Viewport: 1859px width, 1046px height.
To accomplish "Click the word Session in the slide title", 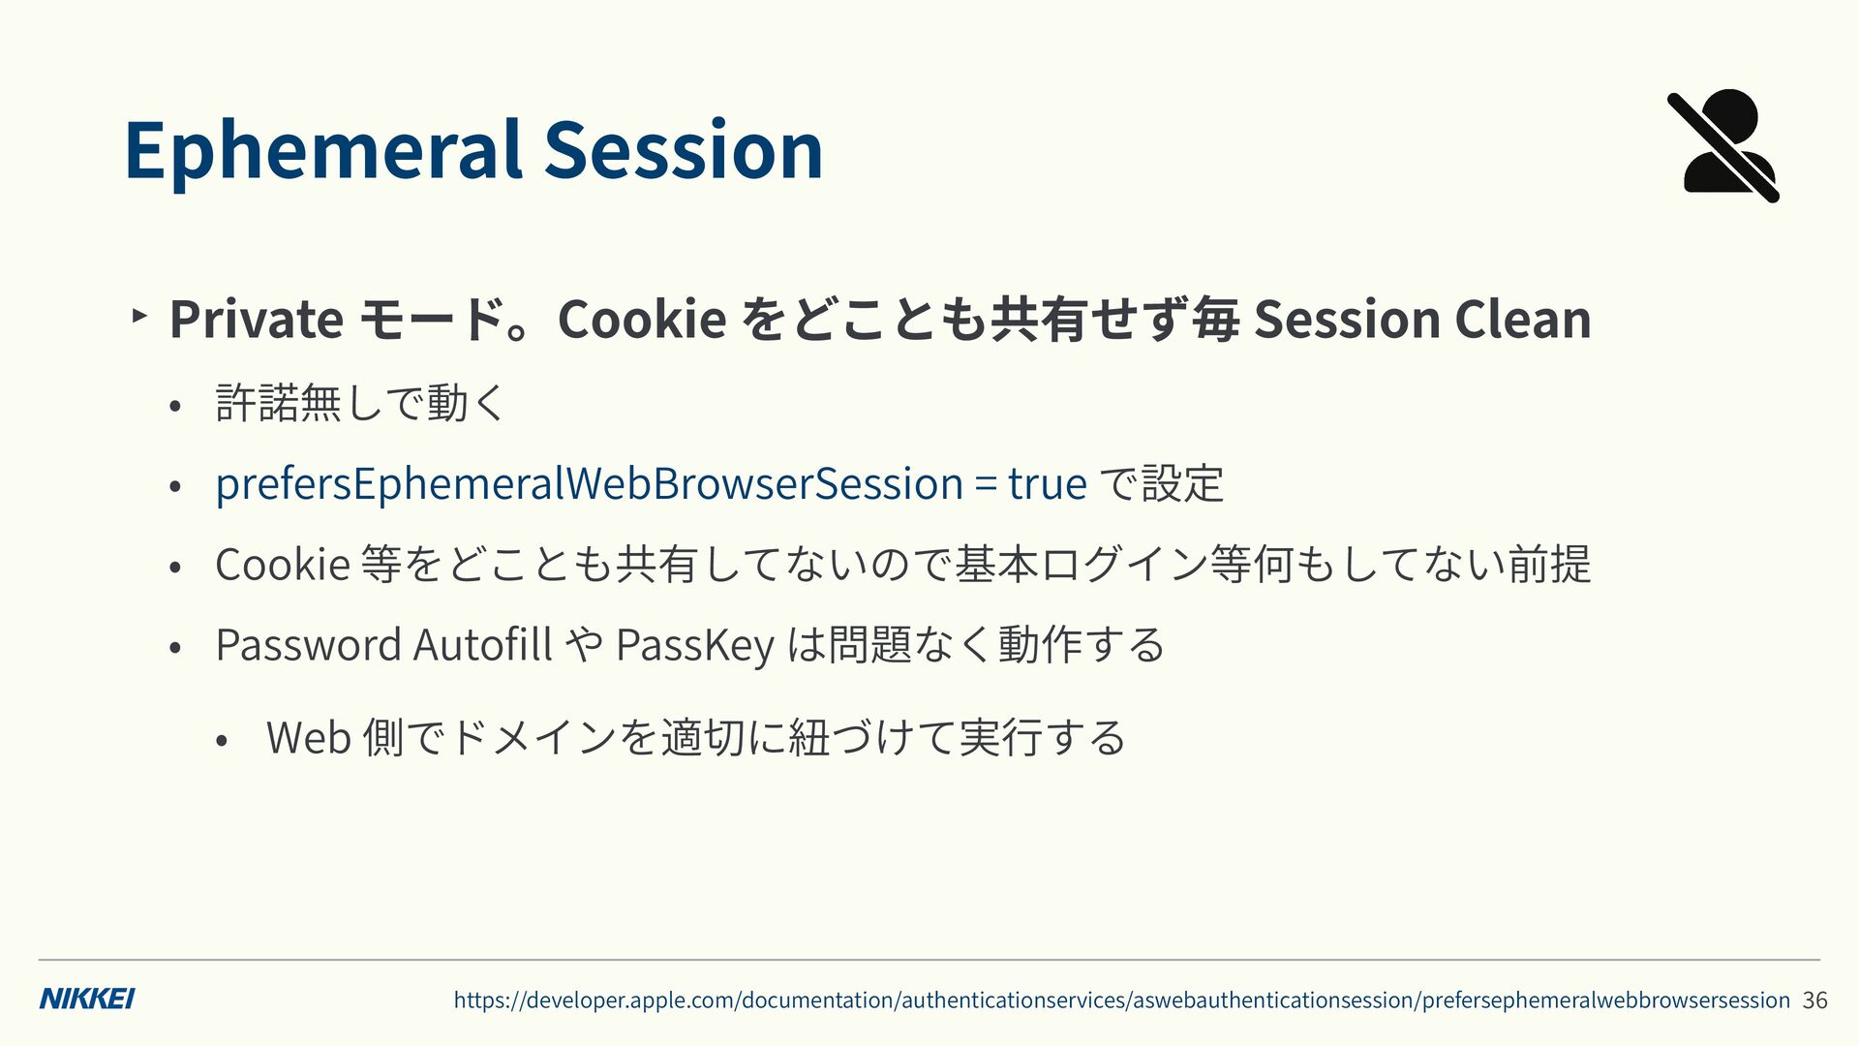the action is (x=684, y=149).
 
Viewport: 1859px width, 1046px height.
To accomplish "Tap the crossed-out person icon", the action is (x=1723, y=146).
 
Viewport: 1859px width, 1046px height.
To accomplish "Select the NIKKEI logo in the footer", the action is (x=87, y=999).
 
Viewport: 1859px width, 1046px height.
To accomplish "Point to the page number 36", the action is (x=1814, y=1000).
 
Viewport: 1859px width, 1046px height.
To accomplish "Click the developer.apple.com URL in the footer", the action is (x=1121, y=1000).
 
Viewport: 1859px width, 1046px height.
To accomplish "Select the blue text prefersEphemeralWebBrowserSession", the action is (x=589, y=483).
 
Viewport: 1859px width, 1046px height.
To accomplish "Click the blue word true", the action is (x=1047, y=483).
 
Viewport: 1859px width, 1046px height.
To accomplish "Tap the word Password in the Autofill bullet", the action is (x=308, y=644).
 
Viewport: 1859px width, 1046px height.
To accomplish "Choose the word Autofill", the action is (x=482, y=644).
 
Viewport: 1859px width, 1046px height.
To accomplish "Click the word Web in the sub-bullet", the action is (x=308, y=737).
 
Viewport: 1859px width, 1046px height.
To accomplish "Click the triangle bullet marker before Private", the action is (x=139, y=315).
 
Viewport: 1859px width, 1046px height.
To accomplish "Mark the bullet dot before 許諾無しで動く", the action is (x=174, y=407).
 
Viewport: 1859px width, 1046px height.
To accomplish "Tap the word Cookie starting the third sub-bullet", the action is (x=282, y=564).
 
